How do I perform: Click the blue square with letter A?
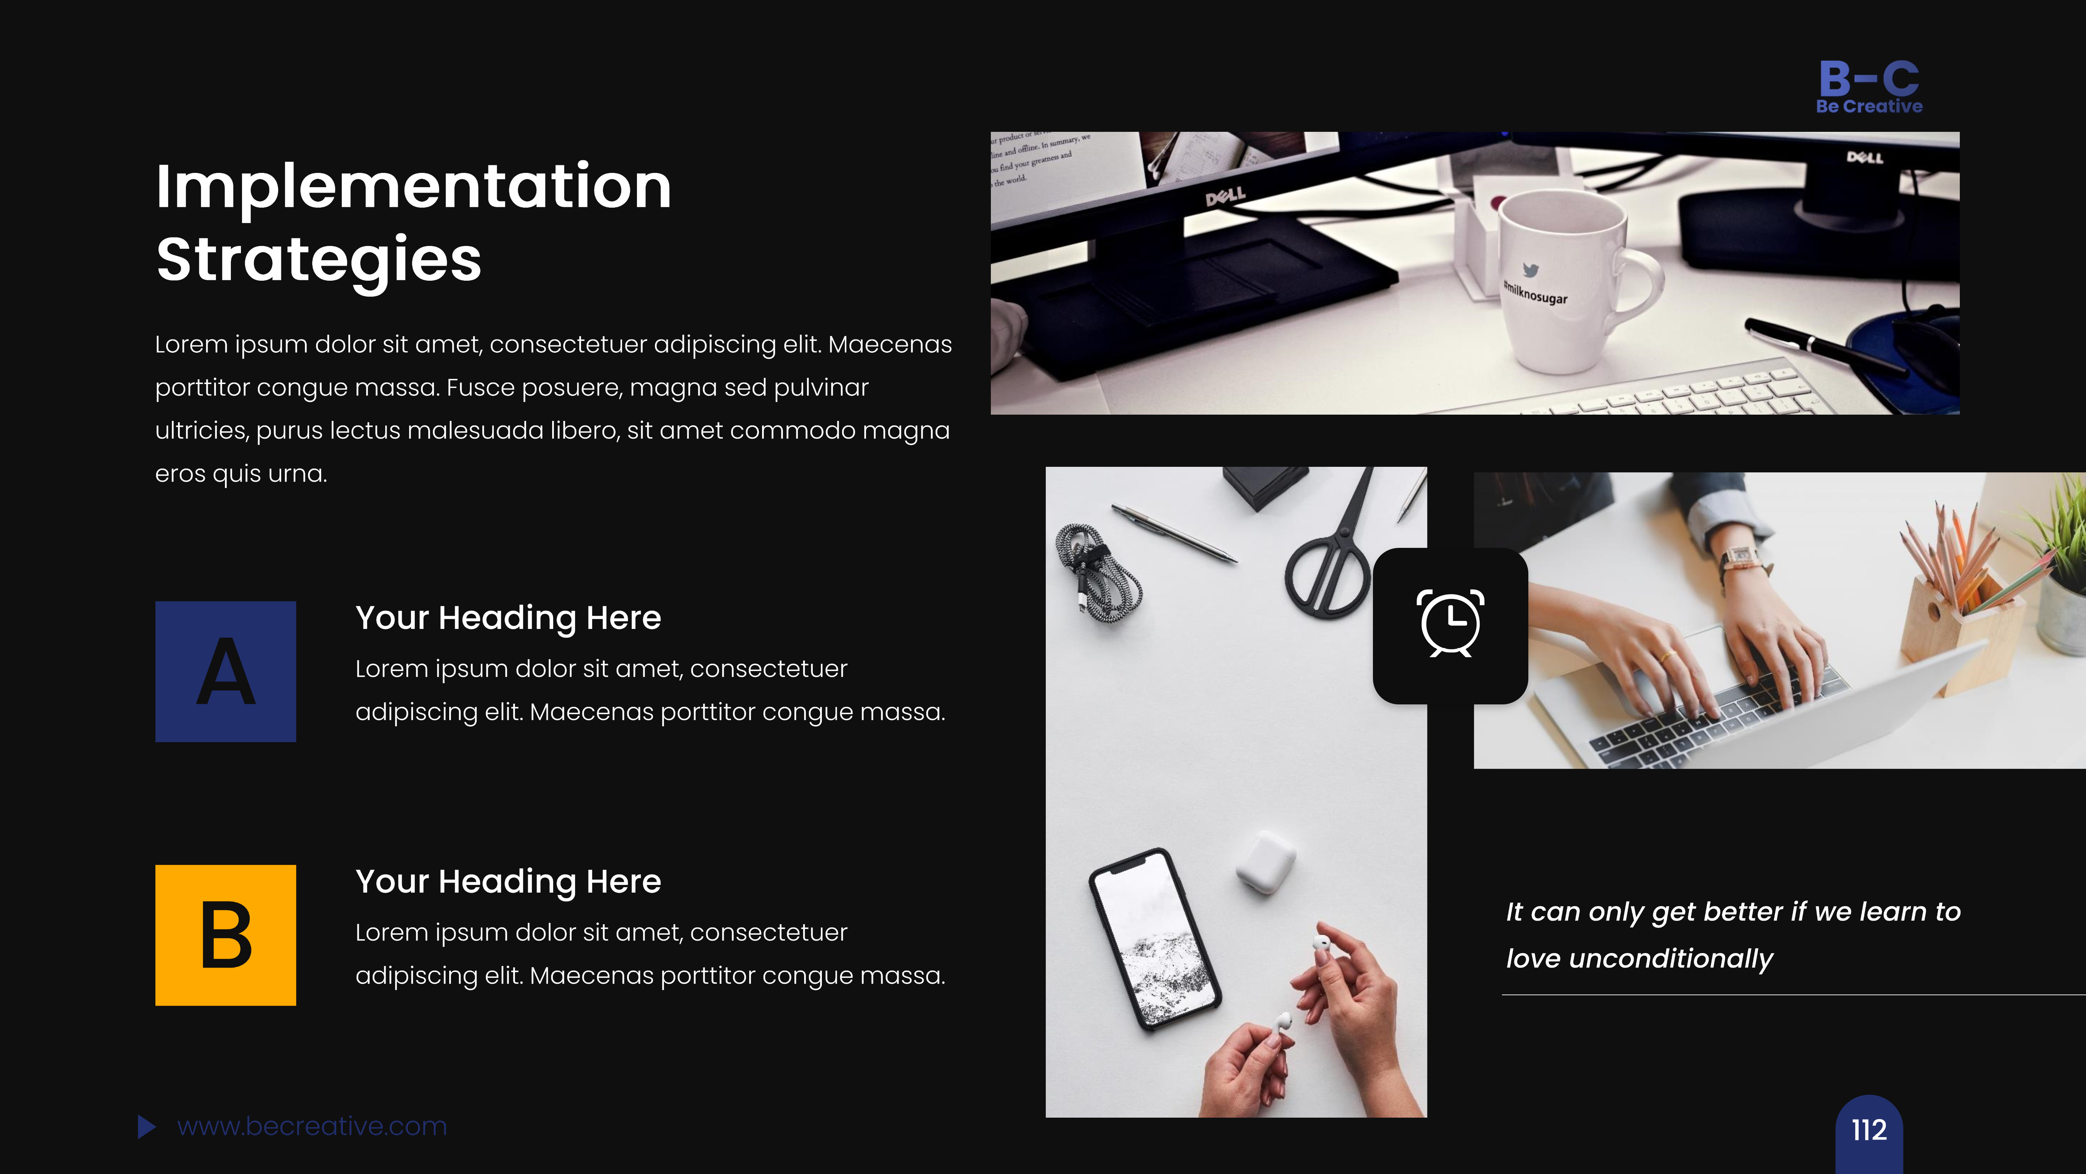point(225,671)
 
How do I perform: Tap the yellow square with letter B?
point(225,935)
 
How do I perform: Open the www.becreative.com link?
point(312,1126)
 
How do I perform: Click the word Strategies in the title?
point(319,259)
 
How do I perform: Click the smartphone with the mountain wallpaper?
point(1154,940)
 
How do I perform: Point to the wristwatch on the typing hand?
point(1741,559)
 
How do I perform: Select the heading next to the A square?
point(508,618)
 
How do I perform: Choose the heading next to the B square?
point(508,881)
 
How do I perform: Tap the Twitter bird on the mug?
point(1530,270)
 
